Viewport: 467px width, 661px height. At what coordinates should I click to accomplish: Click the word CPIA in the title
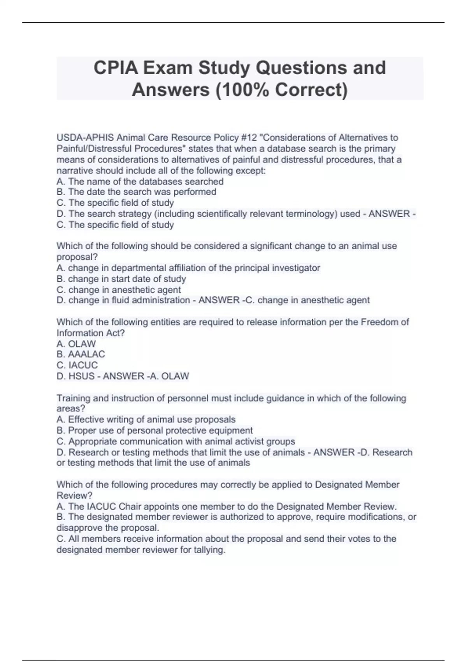[x=116, y=68]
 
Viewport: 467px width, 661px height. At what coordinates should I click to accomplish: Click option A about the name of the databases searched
[x=140, y=181]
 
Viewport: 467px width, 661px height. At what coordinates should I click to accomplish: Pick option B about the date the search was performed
[x=136, y=192]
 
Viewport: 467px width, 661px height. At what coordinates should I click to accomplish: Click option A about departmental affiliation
[x=188, y=268]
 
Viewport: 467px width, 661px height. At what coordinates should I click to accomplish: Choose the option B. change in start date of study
[x=121, y=279]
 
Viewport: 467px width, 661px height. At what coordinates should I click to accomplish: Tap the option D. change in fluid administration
[x=123, y=300]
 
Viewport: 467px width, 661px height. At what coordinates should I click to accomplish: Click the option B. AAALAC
[x=81, y=354]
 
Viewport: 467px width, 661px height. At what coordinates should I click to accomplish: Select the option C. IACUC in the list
[x=77, y=365]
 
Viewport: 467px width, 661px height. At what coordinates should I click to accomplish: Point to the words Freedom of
[x=385, y=322]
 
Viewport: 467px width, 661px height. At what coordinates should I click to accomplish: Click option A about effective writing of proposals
[x=146, y=420]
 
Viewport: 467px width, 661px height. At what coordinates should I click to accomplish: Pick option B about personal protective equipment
[x=154, y=430]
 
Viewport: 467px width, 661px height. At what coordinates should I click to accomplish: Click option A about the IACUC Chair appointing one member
[x=226, y=506]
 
